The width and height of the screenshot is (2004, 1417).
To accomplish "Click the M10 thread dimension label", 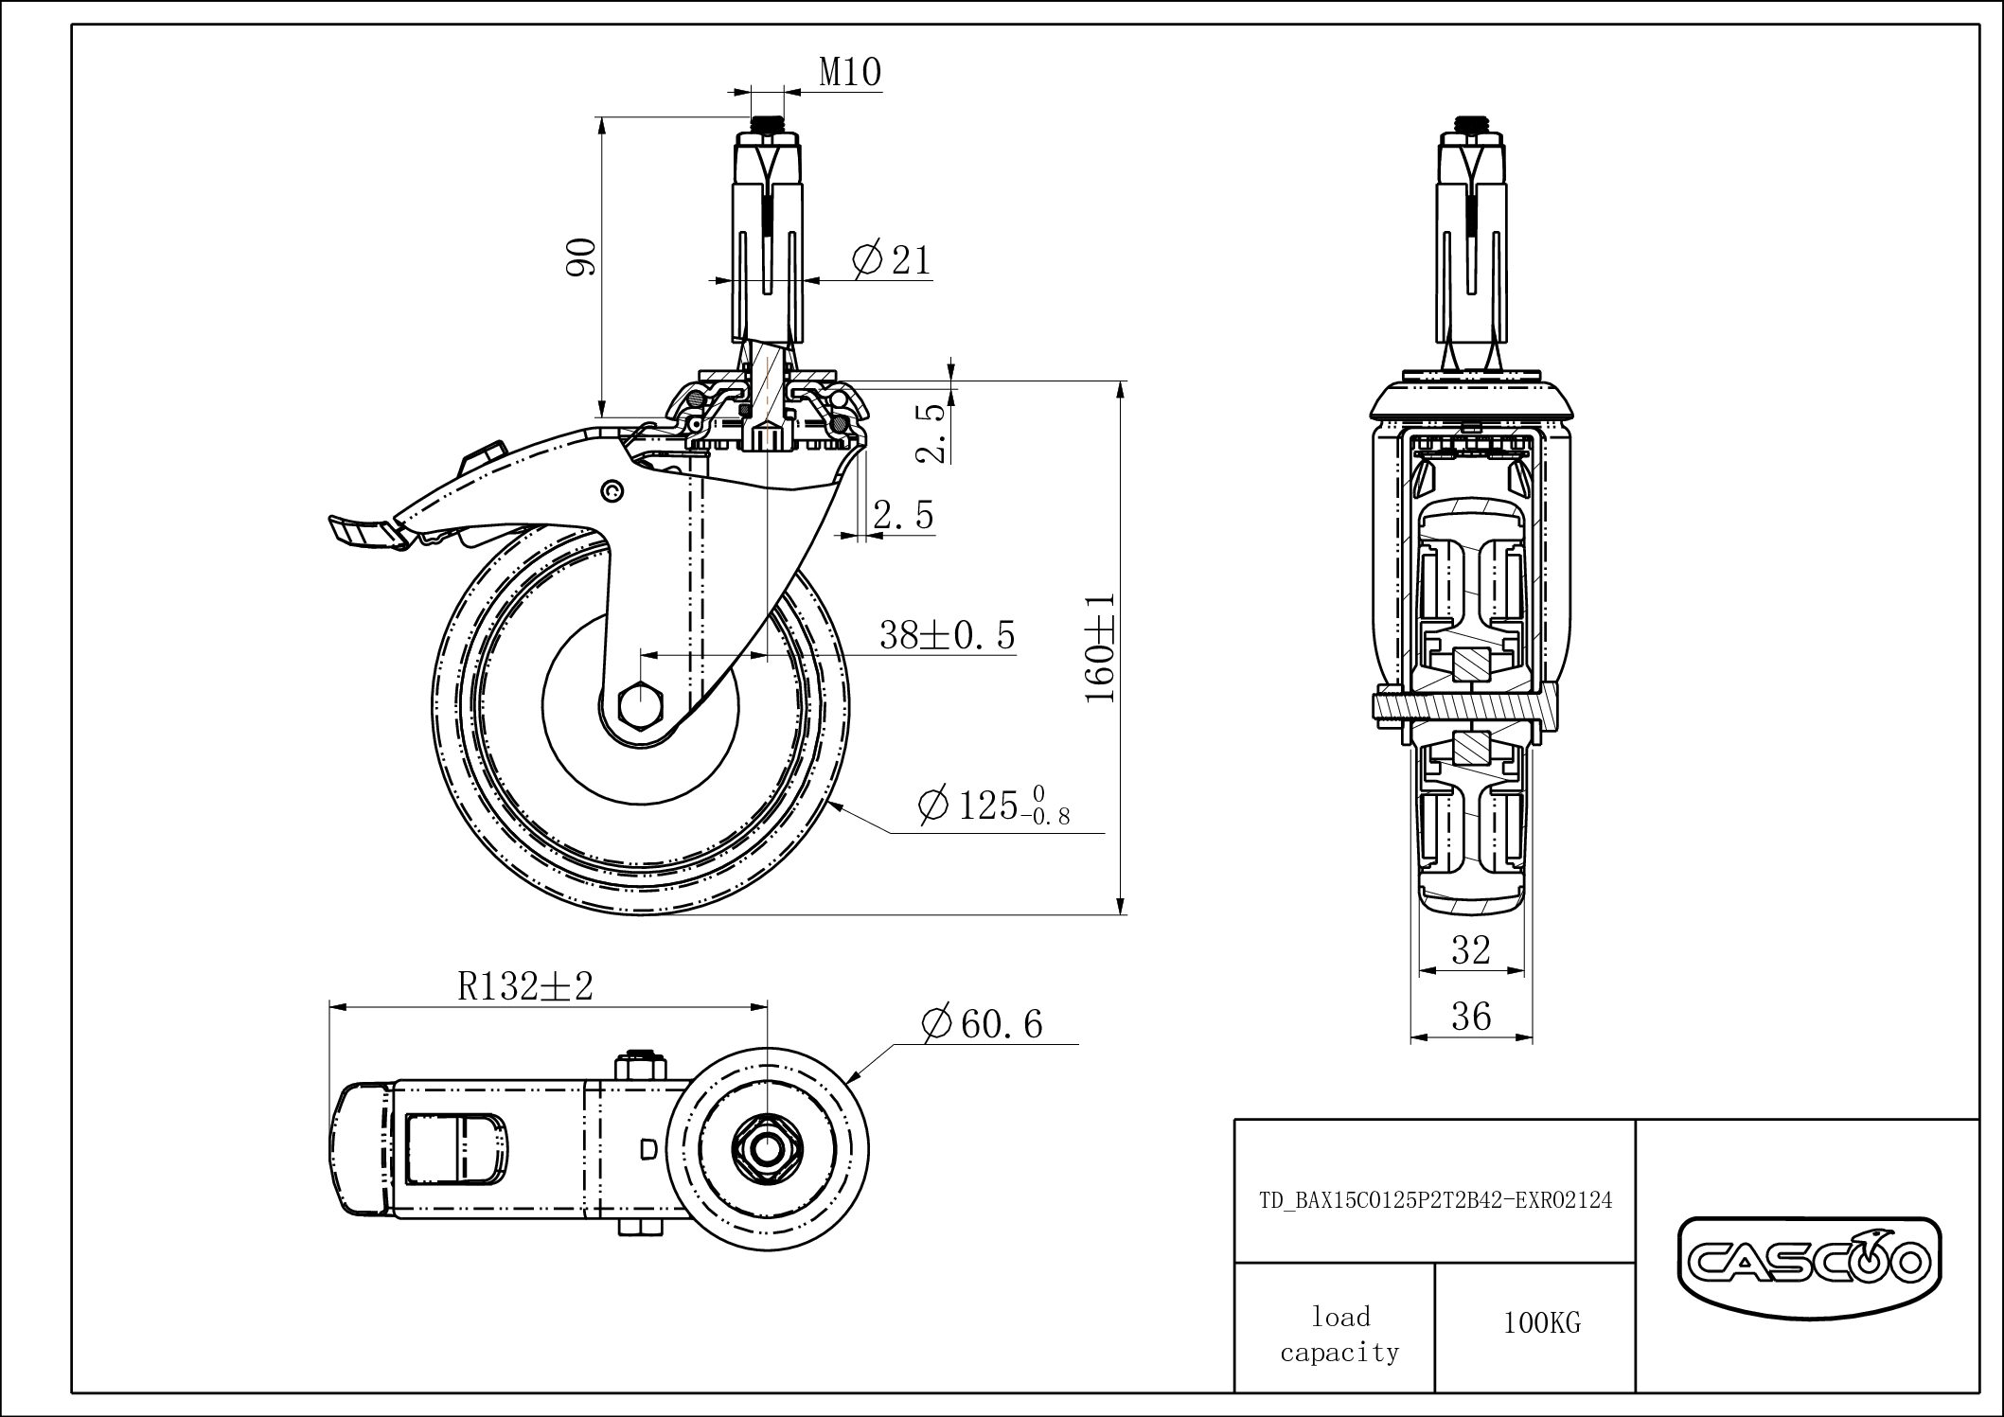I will (849, 72).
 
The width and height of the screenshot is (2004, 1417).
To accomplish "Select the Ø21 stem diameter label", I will (892, 259).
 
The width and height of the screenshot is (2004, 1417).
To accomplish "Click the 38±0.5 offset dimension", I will (947, 635).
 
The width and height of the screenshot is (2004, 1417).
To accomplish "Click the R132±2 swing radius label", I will (525, 986).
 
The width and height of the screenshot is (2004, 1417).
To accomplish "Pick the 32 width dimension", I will (1470, 949).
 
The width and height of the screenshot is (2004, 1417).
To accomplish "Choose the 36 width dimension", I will (1470, 1017).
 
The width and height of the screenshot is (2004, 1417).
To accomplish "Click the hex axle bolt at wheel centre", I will (640, 705).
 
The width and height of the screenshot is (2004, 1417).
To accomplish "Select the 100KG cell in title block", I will (1541, 1323).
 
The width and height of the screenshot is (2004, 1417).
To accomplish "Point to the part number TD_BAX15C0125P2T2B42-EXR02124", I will (1435, 1200).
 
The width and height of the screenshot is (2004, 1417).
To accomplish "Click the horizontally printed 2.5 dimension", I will (902, 516).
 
